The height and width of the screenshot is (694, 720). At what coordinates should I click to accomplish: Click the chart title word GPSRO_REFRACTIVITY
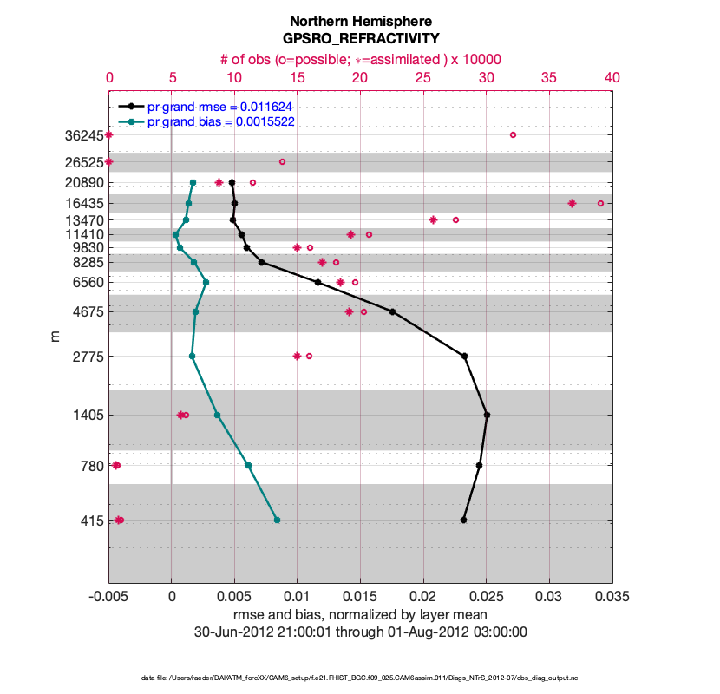(x=360, y=39)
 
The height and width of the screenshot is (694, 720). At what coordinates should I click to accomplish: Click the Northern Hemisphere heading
(x=360, y=21)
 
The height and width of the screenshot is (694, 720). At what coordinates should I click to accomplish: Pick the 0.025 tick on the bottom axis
(x=486, y=598)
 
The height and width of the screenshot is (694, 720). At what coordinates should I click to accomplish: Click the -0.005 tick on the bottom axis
(x=108, y=598)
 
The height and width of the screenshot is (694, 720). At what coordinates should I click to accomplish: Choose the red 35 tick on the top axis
(x=549, y=77)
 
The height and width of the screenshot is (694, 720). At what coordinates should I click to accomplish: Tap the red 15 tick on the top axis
(x=298, y=77)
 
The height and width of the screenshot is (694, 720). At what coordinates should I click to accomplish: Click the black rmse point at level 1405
(x=487, y=416)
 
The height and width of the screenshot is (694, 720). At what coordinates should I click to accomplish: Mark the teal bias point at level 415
(x=277, y=520)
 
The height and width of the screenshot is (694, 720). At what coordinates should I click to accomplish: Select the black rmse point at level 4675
(x=392, y=311)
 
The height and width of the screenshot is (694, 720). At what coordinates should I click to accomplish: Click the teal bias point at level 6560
(x=206, y=282)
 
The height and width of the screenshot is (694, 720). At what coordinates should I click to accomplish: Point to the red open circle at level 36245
(x=513, y=134)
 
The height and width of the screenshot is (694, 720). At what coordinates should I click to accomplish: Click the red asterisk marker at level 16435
(x=572, y=203)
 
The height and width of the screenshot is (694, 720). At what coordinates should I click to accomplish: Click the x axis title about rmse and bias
(x=360, y=615)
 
